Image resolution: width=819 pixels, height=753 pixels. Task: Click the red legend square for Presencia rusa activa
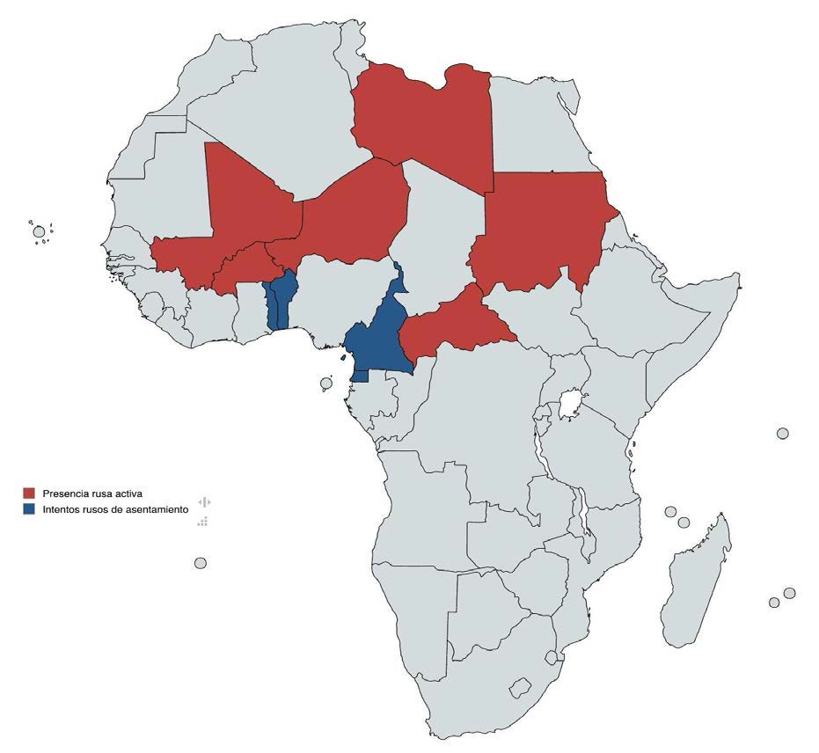(29, 493)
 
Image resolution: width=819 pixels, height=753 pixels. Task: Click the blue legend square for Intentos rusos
(29, 509)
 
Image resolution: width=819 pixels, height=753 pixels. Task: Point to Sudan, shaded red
(537, 229)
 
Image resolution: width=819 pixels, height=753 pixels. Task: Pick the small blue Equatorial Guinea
(359, 376)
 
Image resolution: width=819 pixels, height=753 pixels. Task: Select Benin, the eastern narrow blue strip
(283, 299)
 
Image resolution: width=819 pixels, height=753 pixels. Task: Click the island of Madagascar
(695, 581)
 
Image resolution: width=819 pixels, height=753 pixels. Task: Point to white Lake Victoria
(571, 406)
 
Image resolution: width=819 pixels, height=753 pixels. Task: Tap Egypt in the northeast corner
(545, 123)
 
